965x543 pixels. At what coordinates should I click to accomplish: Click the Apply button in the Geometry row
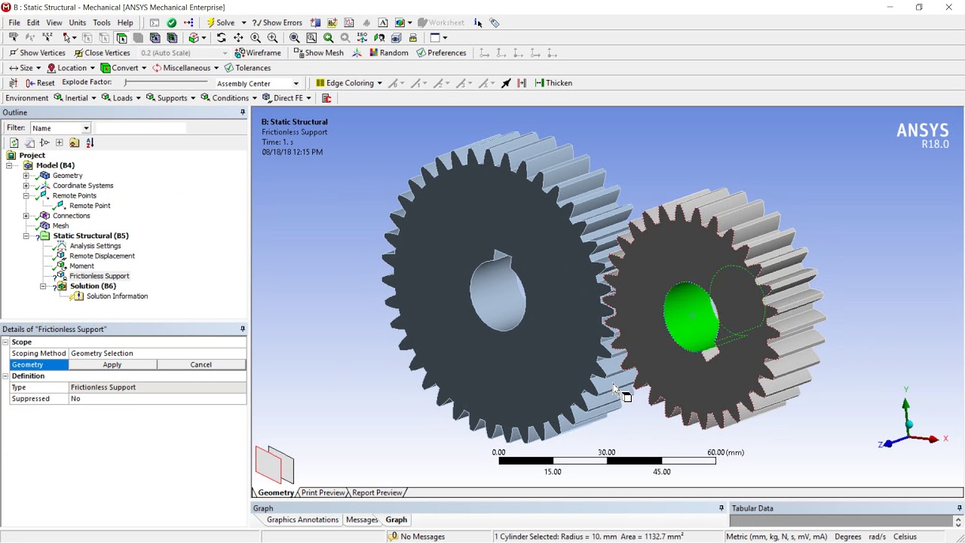point(112,365)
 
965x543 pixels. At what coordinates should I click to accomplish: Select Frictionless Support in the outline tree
point(99,276)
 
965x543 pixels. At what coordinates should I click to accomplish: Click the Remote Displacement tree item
point(102,256)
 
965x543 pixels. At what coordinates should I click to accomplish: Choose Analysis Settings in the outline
point(95,246)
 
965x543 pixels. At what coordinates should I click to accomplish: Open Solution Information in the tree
point(117,296)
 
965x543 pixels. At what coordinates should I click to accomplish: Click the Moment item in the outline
point(81,265)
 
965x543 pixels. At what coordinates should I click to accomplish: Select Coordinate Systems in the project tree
point(83,186)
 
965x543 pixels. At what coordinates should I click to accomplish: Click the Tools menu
point(101,23)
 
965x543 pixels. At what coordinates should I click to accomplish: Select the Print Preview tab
point(323,492)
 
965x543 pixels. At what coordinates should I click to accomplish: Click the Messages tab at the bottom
point(362,520)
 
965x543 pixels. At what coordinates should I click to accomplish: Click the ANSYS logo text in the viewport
point(922,131)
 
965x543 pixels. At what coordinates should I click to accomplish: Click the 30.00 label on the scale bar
point(606,452)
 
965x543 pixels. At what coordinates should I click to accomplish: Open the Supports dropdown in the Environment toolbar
point(171,98)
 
